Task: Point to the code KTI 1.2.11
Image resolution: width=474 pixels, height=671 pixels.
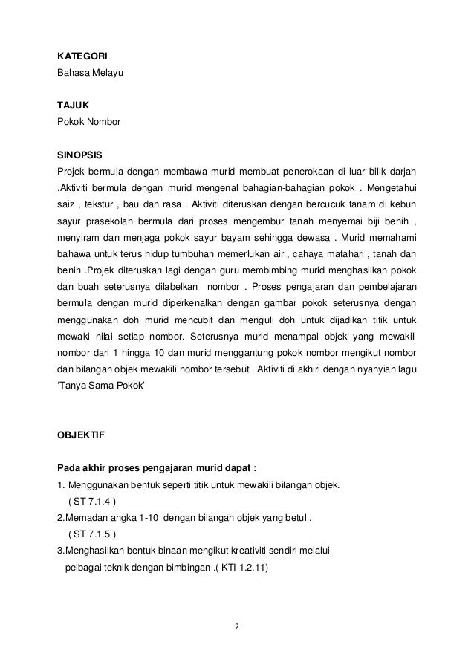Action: coord(245,568)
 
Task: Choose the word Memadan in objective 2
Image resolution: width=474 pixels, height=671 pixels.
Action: coord(85,518)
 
